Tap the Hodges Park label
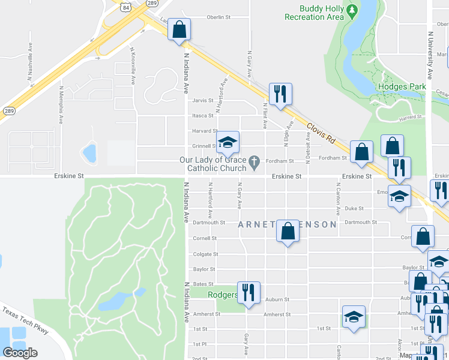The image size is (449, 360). [x=402, y=87]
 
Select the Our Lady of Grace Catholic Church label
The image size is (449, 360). [x=213, y=164]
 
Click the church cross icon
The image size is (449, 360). [x=255, y=161]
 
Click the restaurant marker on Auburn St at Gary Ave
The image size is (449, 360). [x=249, y=292]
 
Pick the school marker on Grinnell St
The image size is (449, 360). [x=228, y=142]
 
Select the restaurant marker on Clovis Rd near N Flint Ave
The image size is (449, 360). [x=280, y=94]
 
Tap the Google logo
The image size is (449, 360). [x=20, y=353]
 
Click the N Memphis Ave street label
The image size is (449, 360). [x=61, y=104]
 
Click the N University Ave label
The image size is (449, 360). [x=430, y=57]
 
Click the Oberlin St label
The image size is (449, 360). [x=218, y=17]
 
